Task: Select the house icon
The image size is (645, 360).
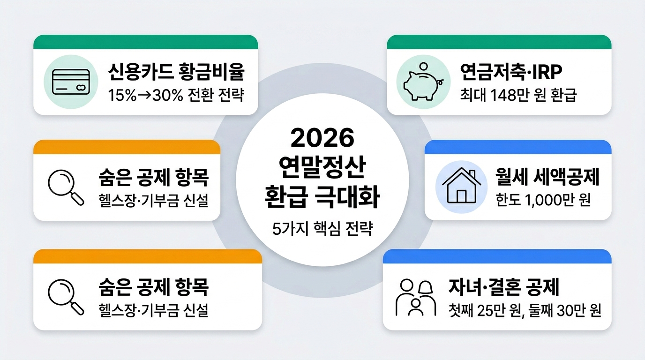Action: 459,186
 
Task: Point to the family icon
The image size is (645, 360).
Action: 415,297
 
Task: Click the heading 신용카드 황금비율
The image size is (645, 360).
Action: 177,73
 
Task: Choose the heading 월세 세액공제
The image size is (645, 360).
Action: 547,178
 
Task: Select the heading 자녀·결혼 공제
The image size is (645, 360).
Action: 504,287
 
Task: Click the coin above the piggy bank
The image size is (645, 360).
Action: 423,67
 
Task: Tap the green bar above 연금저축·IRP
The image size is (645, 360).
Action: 499,42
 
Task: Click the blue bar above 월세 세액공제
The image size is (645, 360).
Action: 517,147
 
